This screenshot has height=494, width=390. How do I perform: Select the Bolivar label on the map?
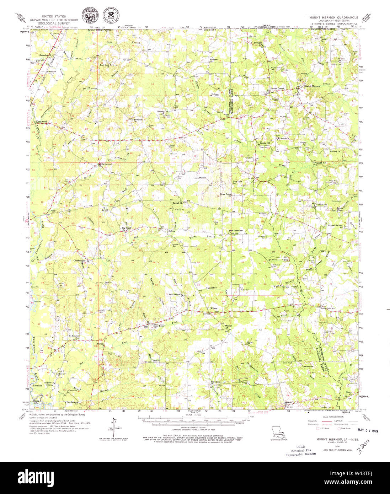point(172,231)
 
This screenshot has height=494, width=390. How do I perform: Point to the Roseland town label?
point(38,385)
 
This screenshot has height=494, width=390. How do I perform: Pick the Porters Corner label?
point(277,88)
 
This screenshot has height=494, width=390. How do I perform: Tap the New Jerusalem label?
point(235,231)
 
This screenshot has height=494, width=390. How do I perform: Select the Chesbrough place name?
point(79,261)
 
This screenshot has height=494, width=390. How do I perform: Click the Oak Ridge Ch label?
point(175,294)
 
